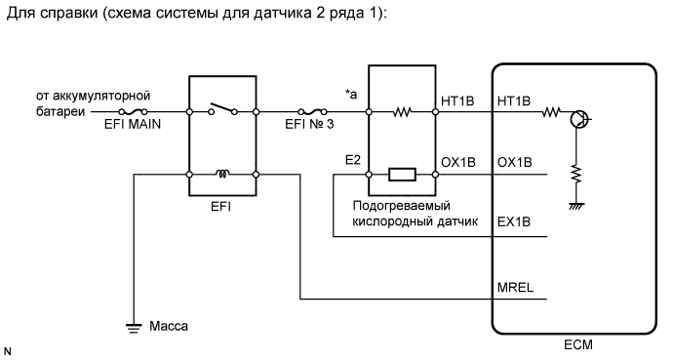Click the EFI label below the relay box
(x=221, y=209)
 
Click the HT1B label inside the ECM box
(x=513, y=100)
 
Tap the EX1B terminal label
(x=513, y=222)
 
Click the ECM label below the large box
(x=575, y=345)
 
